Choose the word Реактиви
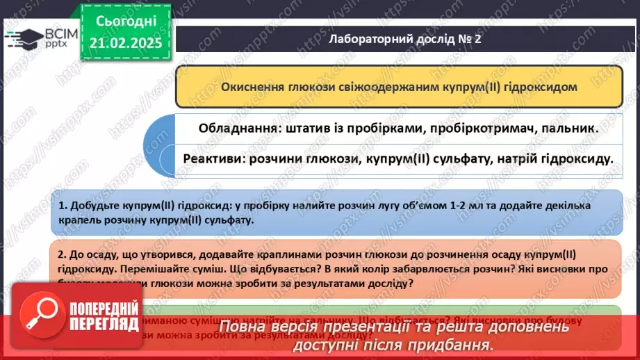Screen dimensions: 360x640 213,158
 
